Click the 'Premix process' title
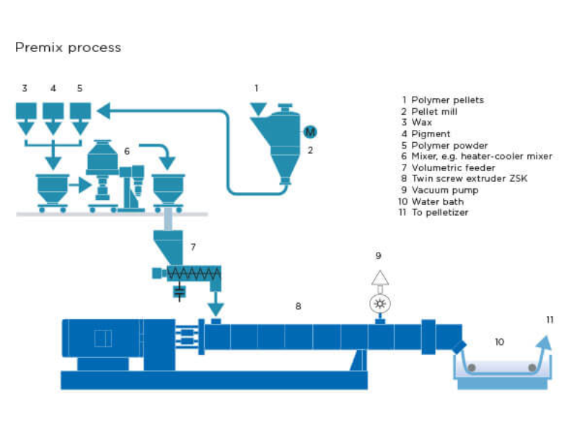68,48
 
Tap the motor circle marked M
310,131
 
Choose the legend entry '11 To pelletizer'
435,212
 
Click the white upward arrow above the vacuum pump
379,278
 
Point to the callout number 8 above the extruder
298,306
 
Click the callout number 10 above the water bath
499,341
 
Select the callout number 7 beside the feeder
193,247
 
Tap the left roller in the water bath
471,368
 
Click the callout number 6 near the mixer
127,151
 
